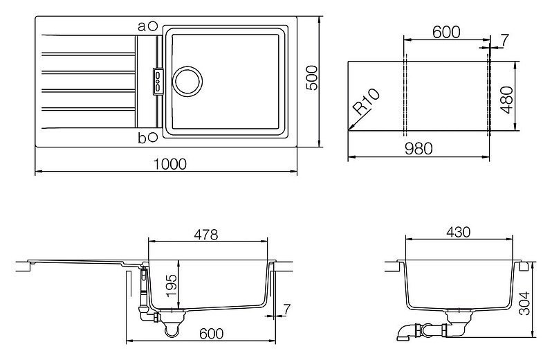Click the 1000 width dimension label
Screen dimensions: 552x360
click(x=170, y=164)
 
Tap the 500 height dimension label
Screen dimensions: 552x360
click(x=312, y=78)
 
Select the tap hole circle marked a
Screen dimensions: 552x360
click(x=153, y=26)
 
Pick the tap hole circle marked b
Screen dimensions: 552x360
click(x=153, y=137)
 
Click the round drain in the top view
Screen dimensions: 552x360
click(x=187, y=82)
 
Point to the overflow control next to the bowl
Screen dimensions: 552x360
click(x=158, y=81)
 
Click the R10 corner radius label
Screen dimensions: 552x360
click(x=366, y=102)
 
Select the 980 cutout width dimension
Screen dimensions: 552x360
click(x=418, y=149)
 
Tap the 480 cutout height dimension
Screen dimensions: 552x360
click(x=507, y=100)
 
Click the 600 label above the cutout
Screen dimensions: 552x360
click(x=446, y=32)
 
